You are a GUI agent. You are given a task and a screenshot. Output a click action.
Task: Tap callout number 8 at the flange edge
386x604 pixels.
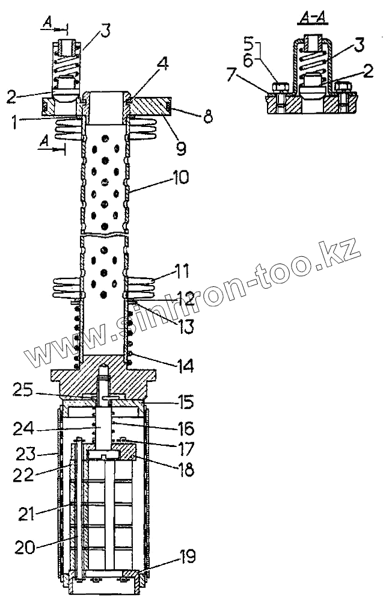(208, 117)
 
